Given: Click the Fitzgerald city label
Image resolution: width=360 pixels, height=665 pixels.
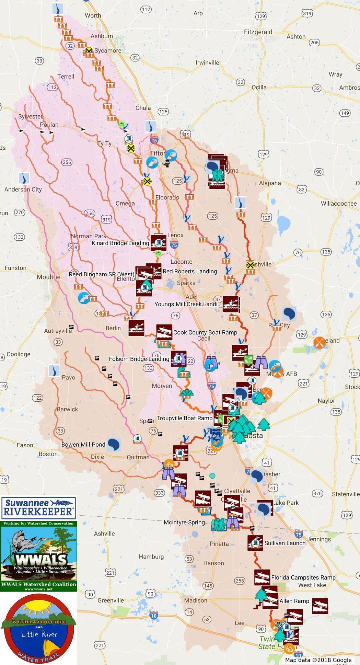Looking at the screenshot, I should tap(258, 32).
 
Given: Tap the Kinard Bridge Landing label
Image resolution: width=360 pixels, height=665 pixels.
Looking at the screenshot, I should tap(120, 243).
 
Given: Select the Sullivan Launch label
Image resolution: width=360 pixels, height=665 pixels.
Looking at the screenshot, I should tap(285, 543).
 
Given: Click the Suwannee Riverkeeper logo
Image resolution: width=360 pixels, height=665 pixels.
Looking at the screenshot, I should tap(38, 508).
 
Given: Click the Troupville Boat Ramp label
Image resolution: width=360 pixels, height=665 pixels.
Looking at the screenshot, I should tap(184, 418).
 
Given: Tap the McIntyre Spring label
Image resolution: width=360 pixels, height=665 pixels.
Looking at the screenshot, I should tap(184, 522).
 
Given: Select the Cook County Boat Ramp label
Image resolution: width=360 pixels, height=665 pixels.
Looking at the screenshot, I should tap(205, 332).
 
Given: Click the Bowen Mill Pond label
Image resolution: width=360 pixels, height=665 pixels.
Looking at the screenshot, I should tap(83, 444).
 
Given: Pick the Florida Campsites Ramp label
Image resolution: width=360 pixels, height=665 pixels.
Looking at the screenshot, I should tap(303, 577).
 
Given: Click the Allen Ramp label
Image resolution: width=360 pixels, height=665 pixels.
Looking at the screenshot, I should tap(294, 601).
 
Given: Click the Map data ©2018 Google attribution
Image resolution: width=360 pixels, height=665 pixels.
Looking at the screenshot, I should tap(318, 660).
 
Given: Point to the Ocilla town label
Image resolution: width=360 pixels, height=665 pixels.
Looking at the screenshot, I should tap(259, 87).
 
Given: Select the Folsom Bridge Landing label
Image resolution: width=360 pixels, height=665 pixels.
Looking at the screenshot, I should tap(139, 359).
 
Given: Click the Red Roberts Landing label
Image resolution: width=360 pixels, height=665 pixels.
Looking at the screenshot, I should tap(190, 271).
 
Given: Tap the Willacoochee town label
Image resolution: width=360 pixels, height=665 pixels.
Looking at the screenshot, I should tap(338, 204).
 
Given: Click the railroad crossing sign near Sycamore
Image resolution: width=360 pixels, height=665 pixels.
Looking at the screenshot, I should tap(89, 51).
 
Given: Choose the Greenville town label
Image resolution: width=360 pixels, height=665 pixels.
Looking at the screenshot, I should tap(111, 600).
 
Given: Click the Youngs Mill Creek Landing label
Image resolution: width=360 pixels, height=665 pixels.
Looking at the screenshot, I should tap(187, 304).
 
